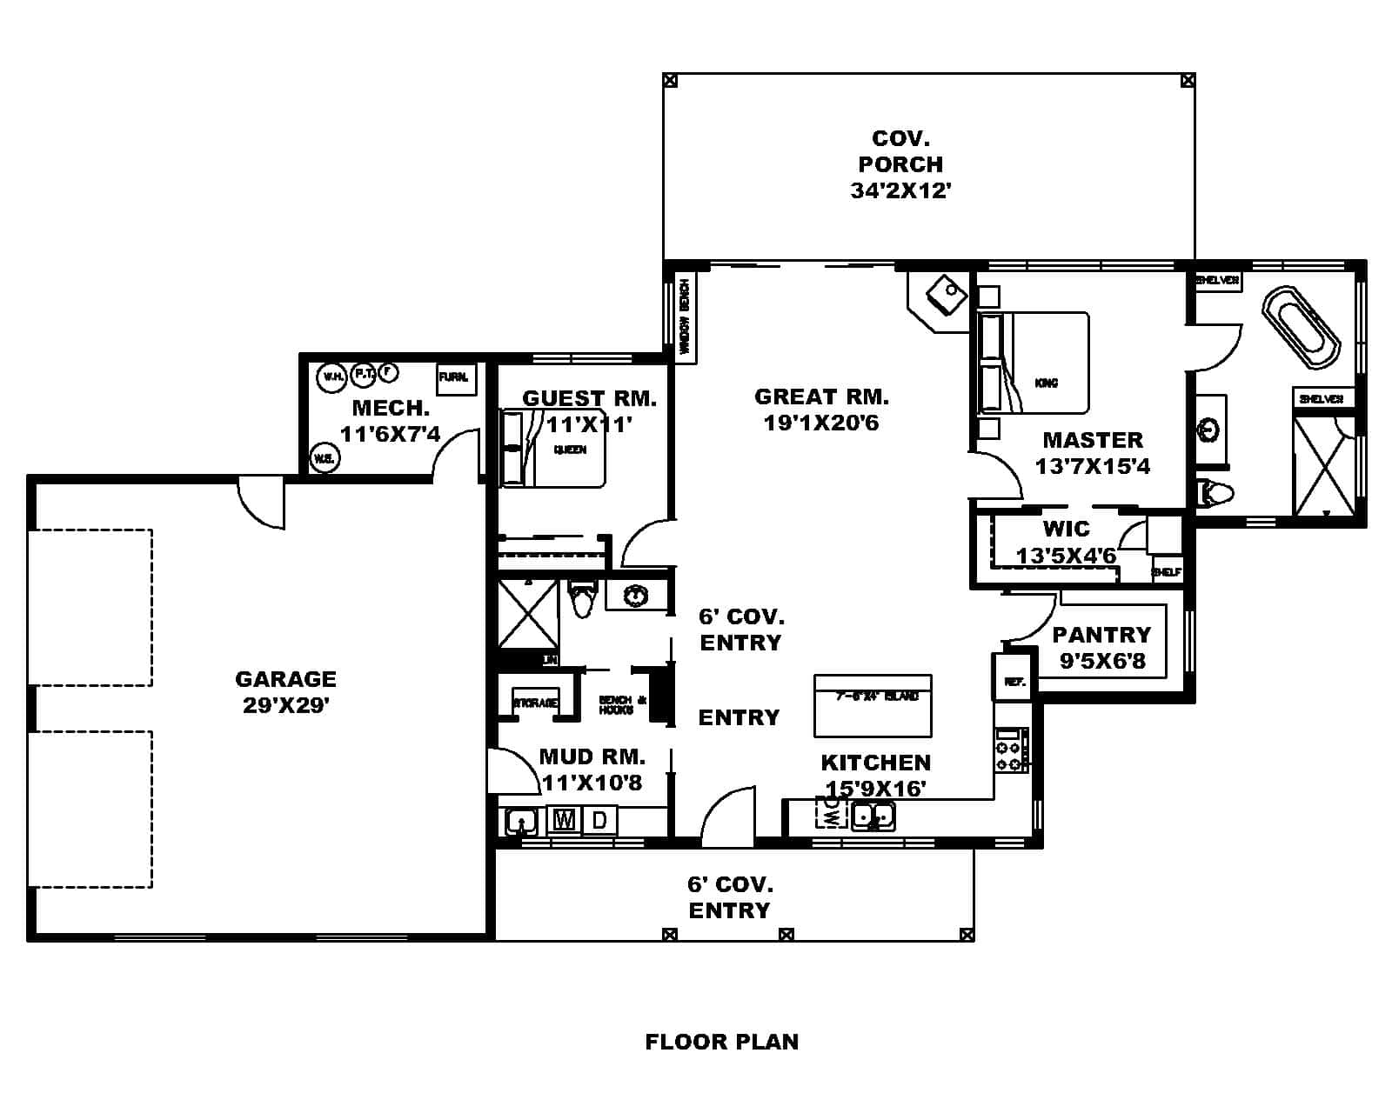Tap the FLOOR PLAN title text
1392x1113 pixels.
721,1042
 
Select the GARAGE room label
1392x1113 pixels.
285,678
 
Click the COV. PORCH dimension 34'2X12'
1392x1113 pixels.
900,190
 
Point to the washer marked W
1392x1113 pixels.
565,819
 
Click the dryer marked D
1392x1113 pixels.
599,819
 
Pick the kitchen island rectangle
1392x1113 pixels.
873,705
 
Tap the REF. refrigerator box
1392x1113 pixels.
1014,681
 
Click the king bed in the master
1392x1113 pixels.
1044,363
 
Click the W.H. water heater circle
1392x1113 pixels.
331,377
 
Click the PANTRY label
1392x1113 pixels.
1101,634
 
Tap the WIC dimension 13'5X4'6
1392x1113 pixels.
1066,555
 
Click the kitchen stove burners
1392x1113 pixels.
1009,756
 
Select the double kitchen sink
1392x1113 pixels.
873,816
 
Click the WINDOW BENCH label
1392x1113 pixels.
685,317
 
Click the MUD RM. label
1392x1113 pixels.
592,756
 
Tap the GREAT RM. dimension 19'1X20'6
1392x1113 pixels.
820,423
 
